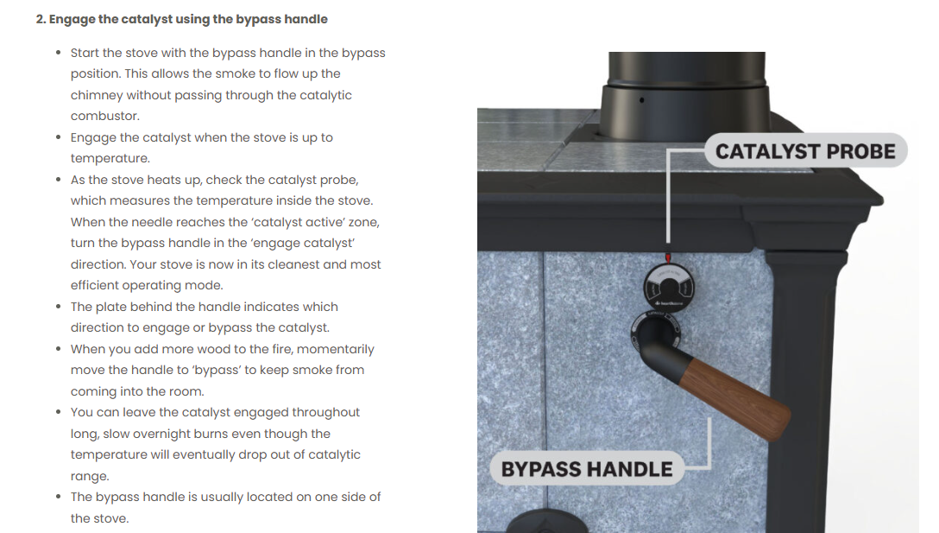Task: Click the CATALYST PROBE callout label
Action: point(805,152)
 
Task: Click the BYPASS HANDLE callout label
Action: point(587,469)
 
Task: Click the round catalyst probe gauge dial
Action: point(665,285)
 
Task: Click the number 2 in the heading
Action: point(40,19)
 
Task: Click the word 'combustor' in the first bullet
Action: point(104,116)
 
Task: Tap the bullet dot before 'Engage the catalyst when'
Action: point(58,137)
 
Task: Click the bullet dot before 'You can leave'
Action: point(58,413)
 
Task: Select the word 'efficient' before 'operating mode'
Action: point(98,285)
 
